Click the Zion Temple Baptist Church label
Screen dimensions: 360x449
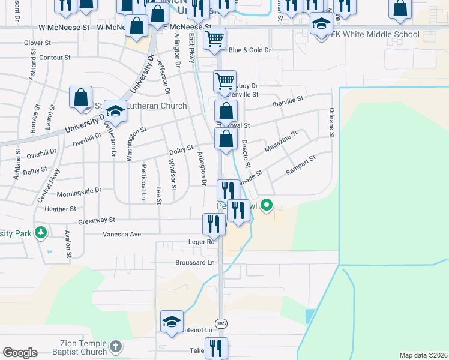pyautogui.click(x=83, y=347)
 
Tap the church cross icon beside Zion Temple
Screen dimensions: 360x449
pyautogui.click(x=115, y=346)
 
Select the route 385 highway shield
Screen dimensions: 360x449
pyautogui.click(x=220, y=323)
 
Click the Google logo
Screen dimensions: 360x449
pyautogui.click(x=20, y=353)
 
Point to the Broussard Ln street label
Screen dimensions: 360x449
pyautogui.click(x=196, y=263)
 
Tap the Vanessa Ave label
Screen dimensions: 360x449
pyautogui.click(x=122, y=234)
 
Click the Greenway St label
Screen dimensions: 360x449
pyautogui.click(x=96, y=221)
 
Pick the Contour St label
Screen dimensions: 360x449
pyautogui.click(x=54, y=58)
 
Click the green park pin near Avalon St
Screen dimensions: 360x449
pyautogui.click(x=40, y=232)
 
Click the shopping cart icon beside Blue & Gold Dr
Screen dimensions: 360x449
pyautogui.click(x=214, y=39)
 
